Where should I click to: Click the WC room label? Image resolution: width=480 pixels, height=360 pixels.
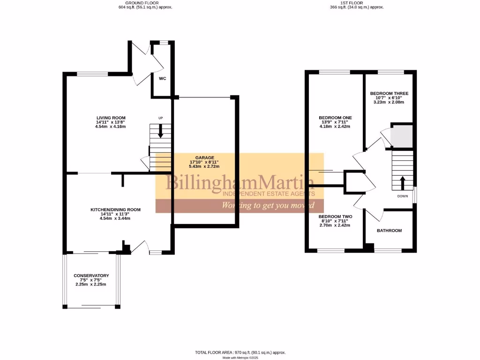[x=162, y=78]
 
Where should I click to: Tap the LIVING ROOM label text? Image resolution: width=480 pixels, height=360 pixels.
[x=111, y=118]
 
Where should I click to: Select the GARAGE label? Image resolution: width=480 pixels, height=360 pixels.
[x=205, y=157]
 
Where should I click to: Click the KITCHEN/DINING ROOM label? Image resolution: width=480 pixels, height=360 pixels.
[x=115, y=210]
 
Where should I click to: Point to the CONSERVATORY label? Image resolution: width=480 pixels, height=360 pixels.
[x=91, y=276]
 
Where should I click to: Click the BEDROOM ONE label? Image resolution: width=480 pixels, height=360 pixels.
[x=335, y=118]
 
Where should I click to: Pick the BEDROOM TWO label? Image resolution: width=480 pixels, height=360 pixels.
[x=335, y=217]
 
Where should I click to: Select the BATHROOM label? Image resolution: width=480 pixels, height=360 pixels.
[x=389, y=231]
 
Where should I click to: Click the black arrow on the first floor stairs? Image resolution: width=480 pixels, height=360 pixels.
[x=402, y=181]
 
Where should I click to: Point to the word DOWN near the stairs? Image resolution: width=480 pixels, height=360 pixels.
[x=403, y=196]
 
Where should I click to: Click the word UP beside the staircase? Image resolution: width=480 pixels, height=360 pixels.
[x=160, y=118]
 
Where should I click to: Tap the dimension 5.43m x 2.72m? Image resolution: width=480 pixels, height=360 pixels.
[x=205, y=166]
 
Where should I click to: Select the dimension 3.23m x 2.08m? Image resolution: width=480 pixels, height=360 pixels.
[x=389, y=102]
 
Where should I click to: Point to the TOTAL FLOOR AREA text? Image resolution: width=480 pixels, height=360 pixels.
[x=240, y=352]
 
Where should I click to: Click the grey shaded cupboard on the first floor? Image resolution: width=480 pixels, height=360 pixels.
[x=402, y=135]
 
